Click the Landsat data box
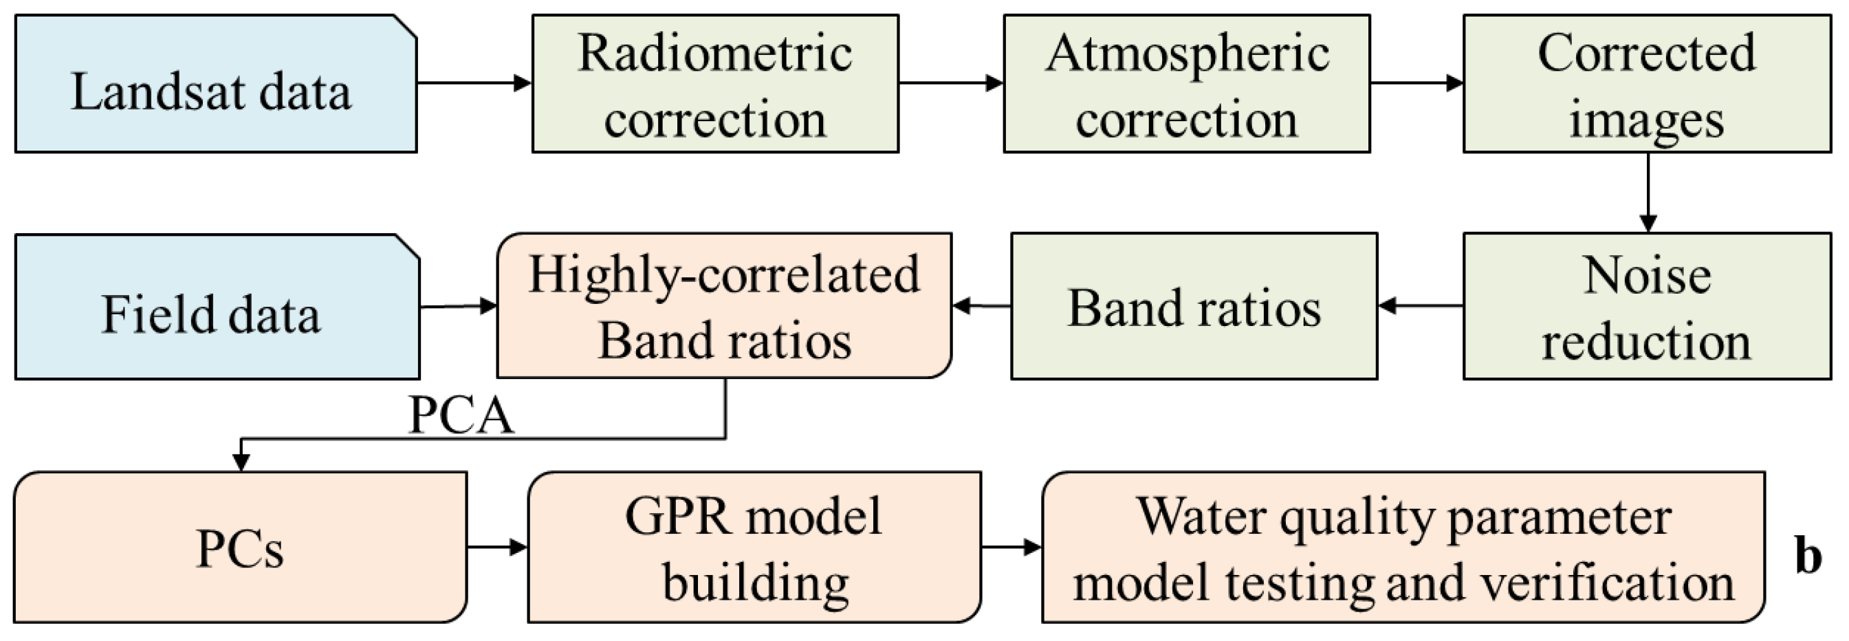[x=215, y=84]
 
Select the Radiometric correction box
[x=715, y=84]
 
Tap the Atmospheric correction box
[x=1187, y=84]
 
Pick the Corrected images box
[x=1648, y=84]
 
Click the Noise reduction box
[x=1648, y=307]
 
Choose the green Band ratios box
[x=1194, y=307]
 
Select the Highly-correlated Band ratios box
[x=724, y=307]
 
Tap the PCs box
[x=241, y=547]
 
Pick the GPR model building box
[x=754, y=547]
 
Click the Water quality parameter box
[x=1403, y=547]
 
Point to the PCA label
[x=461, y=415]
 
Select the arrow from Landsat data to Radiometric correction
[x=474, y=83]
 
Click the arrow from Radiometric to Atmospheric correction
[x=950, y=83]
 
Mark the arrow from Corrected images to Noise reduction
[x=1648, y=193]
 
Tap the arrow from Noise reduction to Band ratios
[x=1420, y=307]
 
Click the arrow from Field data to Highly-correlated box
[x=458, y=307]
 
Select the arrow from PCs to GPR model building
[x=497, y=547]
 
